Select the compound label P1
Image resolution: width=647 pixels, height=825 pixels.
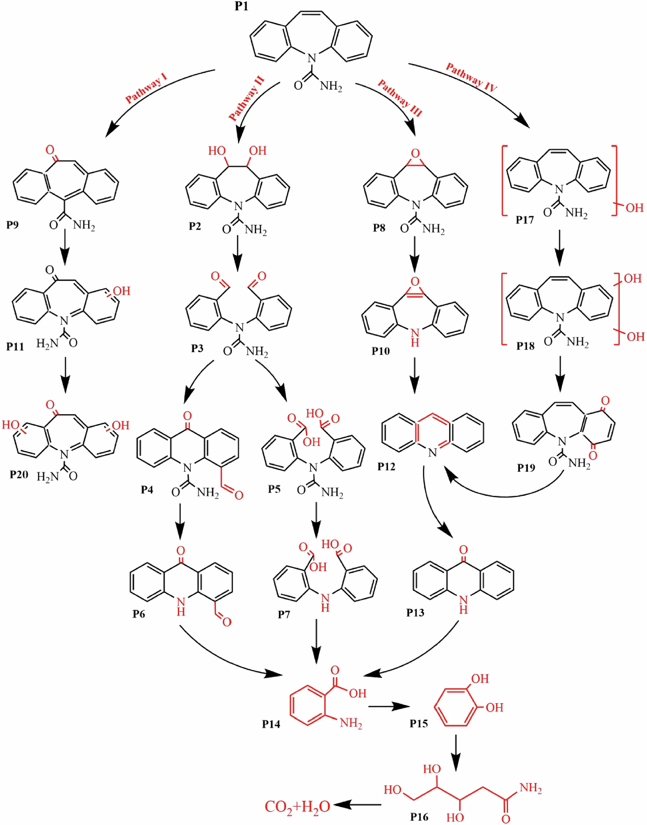tap(241, 6)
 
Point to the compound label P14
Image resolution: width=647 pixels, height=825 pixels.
tap(271, 724)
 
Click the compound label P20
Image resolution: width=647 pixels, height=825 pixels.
tap(19, 474)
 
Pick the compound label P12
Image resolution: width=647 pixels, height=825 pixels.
tap(386, 466)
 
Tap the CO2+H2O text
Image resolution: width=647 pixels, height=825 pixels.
tap(297, 807)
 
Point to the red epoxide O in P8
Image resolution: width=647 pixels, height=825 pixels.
tap(415, 154)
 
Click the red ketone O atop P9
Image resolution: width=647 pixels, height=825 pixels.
tap(50, 149)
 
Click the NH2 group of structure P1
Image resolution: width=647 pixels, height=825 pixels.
tap(331, 86)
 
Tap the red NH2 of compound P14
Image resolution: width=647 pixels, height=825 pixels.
tap(351, 723)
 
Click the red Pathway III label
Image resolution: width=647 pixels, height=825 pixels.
tap(400, 98)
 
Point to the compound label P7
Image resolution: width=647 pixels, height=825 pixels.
tap(284, 614)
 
